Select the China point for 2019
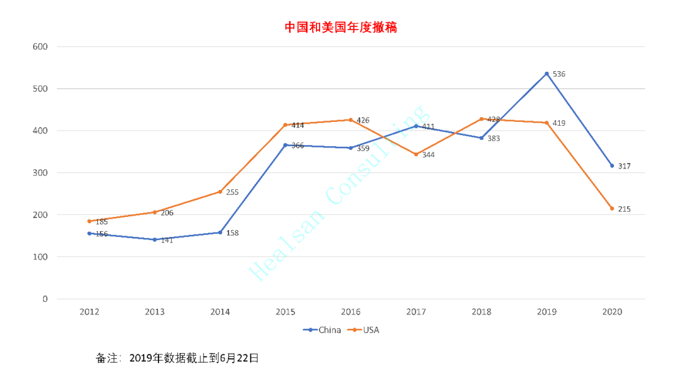[x=547, y=74]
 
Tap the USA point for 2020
[x=612, y=208]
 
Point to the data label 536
[x=559, y=74]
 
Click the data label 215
[x=624, y=209]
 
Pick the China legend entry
[x=323, y=330]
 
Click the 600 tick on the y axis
[x=40, y=47]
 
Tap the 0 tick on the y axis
[x=45, y=299]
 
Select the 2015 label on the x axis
[x=285, y=312]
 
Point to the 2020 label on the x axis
[x=612, y=312]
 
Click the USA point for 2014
[x=220, y=191]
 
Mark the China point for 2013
[x=155, y=239]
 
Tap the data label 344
[x=428, y=154]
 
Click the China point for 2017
[x=416, y=126]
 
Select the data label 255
[x=232, y=192]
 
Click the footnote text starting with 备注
[x=177, y=358]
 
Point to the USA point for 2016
[x=351, y=120]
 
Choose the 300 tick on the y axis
[x=40, y=173]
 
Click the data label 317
[x=624, y=166]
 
